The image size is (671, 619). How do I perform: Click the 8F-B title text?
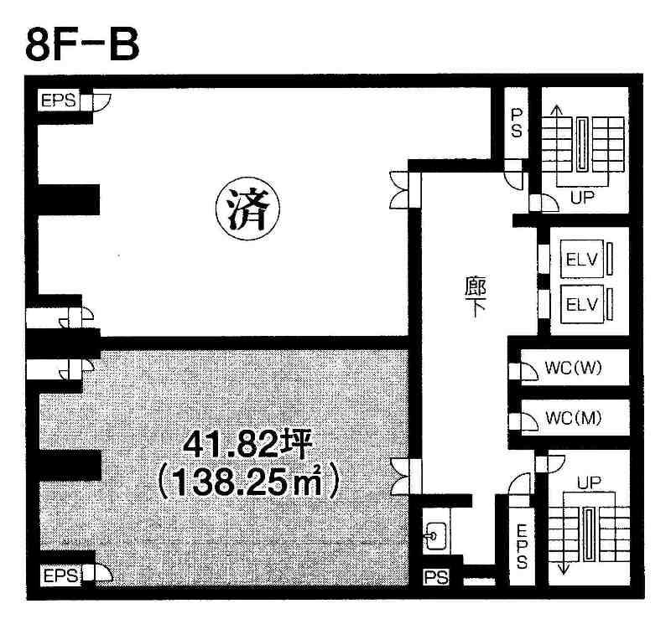pos(82,44)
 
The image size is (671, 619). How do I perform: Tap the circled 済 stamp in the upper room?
pos(247,209)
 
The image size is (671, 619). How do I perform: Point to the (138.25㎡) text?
pos(248,482)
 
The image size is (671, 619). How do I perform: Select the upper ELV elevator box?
pos(581,258)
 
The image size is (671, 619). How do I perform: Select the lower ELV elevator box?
pos(581,304)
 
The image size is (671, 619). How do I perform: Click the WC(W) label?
pos(574,367)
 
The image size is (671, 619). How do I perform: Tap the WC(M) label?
pos(574,418)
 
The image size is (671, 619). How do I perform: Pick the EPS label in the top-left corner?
pos(58,101)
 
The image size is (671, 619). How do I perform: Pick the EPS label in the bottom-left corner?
pos(60,575)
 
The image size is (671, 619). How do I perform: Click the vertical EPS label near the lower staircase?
pos(522,546)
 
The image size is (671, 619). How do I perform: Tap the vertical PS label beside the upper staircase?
pos(517,123)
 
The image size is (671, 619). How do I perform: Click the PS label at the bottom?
pos(436,577)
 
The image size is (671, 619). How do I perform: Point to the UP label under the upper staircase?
pos(582,197)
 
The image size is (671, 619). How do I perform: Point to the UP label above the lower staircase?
pos(589,482)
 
